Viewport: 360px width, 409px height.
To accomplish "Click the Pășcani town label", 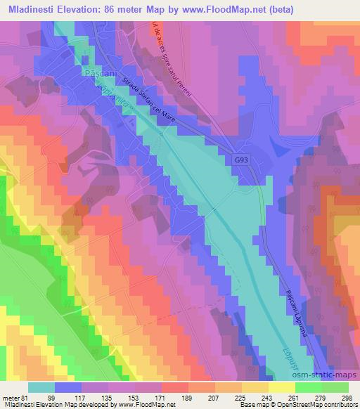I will tap(97, 73).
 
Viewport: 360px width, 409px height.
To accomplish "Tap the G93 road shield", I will tap(241, 161).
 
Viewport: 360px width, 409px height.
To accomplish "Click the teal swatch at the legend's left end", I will tap(41, 387).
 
